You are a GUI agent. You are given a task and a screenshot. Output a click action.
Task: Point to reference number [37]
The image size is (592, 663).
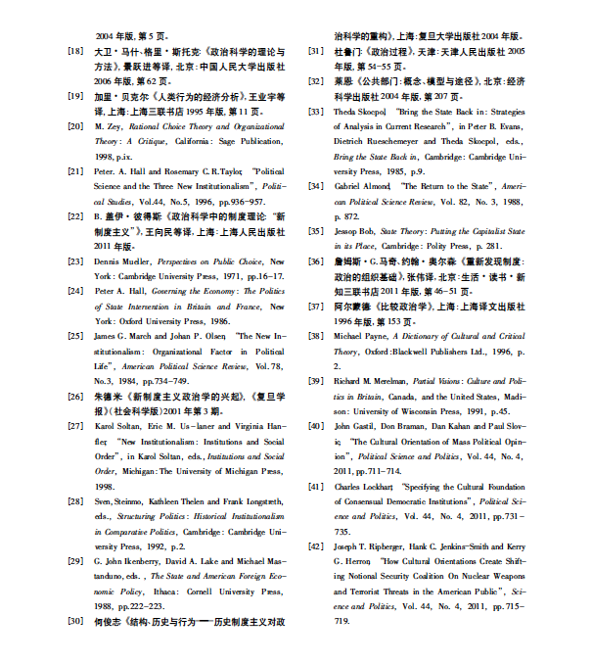[x=316, y=306]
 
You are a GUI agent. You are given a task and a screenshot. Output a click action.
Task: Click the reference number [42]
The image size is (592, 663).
[x=316, y=545]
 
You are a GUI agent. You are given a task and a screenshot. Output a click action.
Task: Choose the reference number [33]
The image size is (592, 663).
[x=316, y=113]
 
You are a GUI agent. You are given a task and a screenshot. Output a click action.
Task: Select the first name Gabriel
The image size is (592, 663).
[x=349, y=185]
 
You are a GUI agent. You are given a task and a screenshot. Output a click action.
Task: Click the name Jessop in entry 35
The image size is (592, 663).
[x=348, y=231]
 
